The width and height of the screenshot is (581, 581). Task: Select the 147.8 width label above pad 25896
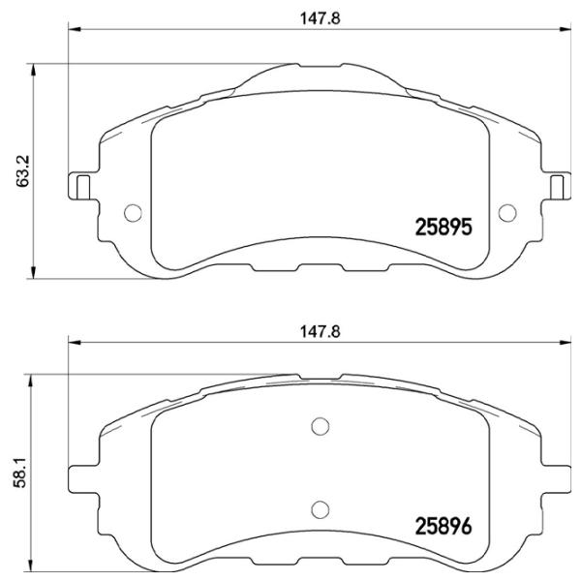point(314,330)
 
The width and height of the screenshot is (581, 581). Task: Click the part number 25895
point(443,229)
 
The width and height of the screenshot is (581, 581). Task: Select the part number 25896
point(443,530)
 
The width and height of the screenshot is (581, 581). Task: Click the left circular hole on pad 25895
point(134,213)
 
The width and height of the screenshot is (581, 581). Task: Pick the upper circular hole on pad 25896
point(320,425)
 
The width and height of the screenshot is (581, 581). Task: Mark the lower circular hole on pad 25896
point(320,506)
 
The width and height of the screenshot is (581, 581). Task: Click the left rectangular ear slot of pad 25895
point(82,186)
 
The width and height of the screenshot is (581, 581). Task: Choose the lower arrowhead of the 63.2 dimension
point(36,272)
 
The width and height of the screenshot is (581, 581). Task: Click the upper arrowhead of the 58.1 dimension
point(36,379)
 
